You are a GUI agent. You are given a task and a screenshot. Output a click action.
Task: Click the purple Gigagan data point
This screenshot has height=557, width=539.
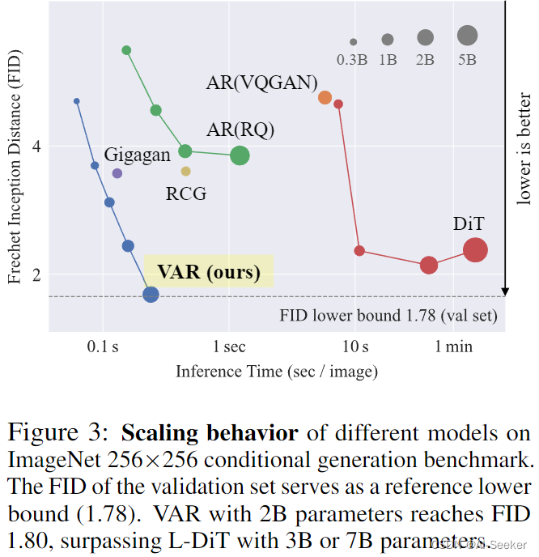(x=117, y=173)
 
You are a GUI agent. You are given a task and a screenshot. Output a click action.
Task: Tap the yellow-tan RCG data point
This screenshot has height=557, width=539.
(x=186, y=171)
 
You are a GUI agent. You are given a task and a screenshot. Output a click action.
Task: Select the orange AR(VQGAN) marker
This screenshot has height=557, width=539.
(x=325, y=97)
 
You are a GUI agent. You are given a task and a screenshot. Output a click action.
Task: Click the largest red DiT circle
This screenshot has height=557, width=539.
(x=475, y=250)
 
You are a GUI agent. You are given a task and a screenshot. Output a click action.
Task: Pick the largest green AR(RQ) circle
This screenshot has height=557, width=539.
(x=240, y=155)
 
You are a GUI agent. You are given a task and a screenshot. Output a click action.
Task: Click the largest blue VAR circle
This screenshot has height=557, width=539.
(x=151, y=295)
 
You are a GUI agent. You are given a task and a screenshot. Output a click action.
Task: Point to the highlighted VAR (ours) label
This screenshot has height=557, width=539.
(x=209, y=271)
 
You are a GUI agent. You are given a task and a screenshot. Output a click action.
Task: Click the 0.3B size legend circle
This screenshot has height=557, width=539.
(x=354, y=42)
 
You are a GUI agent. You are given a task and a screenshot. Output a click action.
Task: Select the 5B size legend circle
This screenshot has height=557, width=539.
(x=467, y=35)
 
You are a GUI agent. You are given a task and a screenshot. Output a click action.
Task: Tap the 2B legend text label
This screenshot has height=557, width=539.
(x=425, y=60)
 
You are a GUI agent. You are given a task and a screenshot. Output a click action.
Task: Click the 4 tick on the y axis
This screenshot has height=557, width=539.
(x=36, y=147)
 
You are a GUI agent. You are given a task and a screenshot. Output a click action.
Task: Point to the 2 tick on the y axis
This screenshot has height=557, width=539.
(x=36, y=274)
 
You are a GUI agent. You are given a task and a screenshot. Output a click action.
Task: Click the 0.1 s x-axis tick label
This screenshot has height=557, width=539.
(x=103, y=347)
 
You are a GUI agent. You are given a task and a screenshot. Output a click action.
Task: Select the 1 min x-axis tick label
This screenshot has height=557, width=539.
(x=454, y=347)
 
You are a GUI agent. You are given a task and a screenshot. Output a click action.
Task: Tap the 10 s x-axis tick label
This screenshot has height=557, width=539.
(x=354, y=347)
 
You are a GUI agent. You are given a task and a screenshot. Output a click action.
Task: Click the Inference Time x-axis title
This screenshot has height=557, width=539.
(x=277, y=371)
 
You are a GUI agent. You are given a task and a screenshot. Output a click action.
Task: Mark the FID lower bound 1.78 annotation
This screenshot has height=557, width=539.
(x=388, y=316)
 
